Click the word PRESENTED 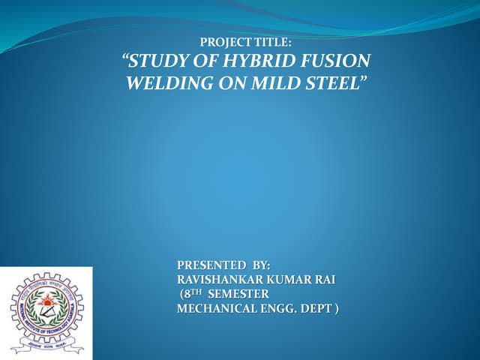pos(211,265)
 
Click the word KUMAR pos(293,280)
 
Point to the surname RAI pos(325,280)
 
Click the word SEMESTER pos(239,293)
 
